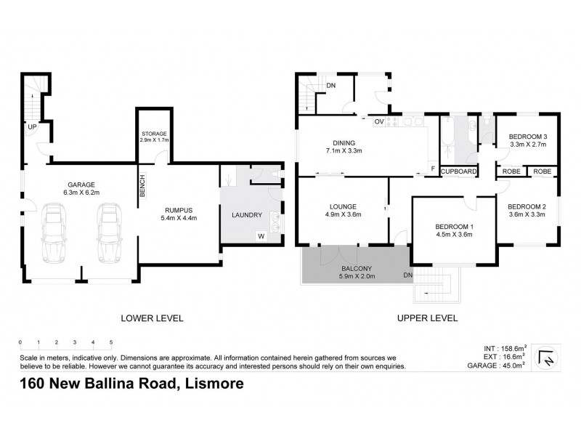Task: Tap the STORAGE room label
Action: coord(154,134)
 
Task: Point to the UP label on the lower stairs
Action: coord(32,127)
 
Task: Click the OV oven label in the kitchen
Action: coord(378,122)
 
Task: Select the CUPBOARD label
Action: coord(459,171)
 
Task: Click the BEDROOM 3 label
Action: coord(528,137)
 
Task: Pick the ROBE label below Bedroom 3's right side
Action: coord(542,171)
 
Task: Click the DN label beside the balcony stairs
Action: coord(407,275)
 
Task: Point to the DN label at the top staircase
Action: coord(330,86)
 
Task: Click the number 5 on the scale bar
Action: coord(111,342)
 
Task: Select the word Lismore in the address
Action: coord(211,385)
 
